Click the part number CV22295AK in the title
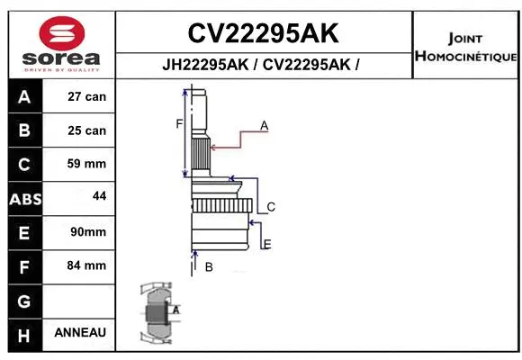click(x=263, y=33)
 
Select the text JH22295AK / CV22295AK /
click(x=263, y=66)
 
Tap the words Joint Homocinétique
click(x=465, y=48)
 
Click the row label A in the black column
click(x=24, y=97)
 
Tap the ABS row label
click(x=24, y=198)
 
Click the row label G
click(x=24, y=300)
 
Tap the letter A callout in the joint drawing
click(x=265, y=126)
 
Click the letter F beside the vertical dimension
click(x=179, y=124)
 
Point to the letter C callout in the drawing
click(x=270, y=207)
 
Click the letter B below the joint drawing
click(x=208, y=266)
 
